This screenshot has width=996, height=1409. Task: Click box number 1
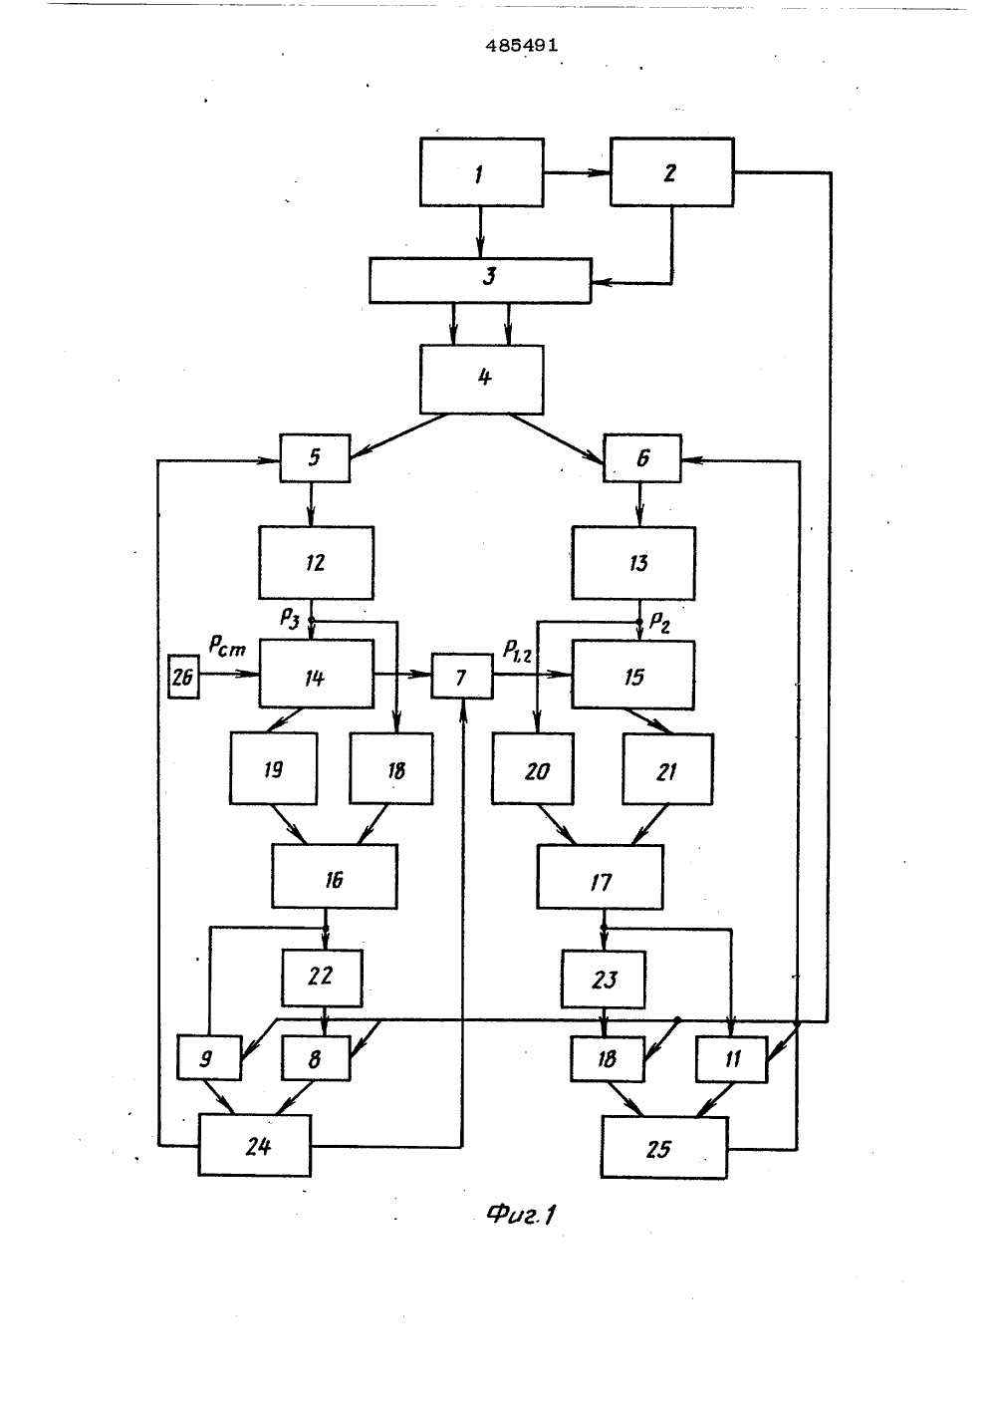[x=482, y=172]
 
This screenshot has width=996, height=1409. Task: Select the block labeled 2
[x=671, y=171]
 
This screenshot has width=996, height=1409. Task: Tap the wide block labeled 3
[x=480, y=281]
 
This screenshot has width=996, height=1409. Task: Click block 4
[x=482, y=380]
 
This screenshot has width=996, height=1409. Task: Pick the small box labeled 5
[x=315, y=458]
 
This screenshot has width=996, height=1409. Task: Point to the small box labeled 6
[x=642, y=458]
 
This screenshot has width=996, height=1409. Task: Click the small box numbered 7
[x=462, y=677]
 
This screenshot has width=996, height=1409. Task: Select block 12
[x=317, y=562]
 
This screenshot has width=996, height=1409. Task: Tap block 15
[x=633, y=675]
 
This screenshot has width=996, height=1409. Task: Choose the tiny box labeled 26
[x=183, y=677]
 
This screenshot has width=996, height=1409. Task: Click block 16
[x=335, y=876]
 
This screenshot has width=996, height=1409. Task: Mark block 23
[x=604, y=980]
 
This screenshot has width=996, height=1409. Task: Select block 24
[x=255, y=1146]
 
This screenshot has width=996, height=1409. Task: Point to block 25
[x=664, y=1147]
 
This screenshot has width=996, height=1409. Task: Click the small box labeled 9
[x=209, y=1057]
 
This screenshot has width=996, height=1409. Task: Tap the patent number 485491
[x=522, y=46]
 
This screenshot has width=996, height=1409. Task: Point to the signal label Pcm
[x=227, y=647]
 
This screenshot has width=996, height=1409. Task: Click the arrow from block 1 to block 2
[x=577, y=172]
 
